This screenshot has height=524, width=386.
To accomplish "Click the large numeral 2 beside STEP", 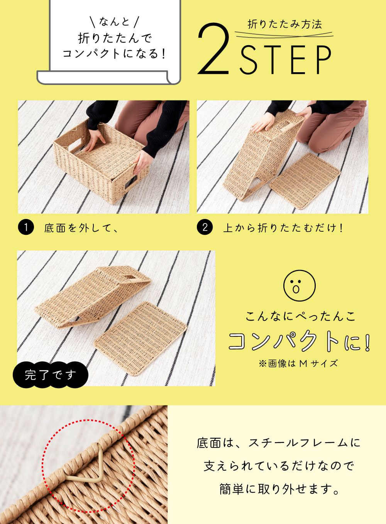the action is tap(213, 49).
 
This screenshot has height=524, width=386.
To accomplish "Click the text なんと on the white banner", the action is tap(114, 22).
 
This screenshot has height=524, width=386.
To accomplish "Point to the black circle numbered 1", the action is tap(26, 227).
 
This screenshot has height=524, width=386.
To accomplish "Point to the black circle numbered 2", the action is tap(205, 227).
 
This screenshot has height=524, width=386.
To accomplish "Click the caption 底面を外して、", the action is tap(81, 227).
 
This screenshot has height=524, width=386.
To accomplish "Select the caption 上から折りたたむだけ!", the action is tap(283, 227).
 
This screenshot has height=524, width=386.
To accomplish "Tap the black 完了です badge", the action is tap(50, 375).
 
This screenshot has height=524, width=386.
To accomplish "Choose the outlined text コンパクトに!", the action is tap(300, 341).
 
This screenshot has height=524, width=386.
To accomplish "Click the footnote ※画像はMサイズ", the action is tap(298, 364).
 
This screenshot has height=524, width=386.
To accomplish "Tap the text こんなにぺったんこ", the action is tap(300, 316).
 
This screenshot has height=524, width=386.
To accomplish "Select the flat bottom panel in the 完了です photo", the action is tap(140, 339).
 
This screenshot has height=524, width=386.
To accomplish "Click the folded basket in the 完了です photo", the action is tap(93, 297).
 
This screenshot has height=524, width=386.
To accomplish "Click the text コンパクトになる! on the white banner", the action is tap(114, 54).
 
